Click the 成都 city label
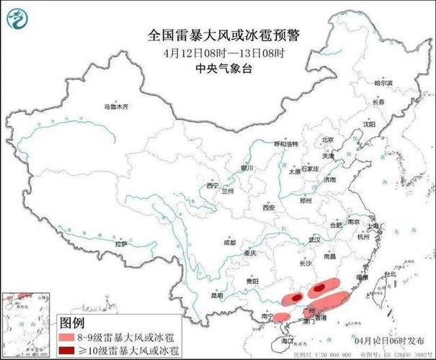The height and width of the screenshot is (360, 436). click(x=229, y=243)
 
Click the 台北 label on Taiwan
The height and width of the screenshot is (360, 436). click(x=389, y=274)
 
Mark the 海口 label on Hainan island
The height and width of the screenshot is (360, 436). click(x=288, y=339)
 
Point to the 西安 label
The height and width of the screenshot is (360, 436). click(x=269, y=207)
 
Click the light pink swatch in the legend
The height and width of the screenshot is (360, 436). click(x=73, y=336)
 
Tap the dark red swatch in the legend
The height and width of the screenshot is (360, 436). click(x=73, y=350)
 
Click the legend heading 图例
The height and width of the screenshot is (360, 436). click(x=73, y=322)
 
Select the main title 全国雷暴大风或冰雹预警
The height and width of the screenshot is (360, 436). click(x=223, y=34)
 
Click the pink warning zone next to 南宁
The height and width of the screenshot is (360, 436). click(x=282, y=316)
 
